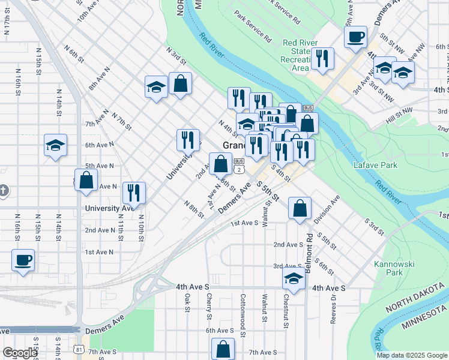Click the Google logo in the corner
point(20,353)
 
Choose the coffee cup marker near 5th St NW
point(355,37)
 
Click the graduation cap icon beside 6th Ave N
point(55,145)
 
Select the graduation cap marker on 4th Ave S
point(294,278)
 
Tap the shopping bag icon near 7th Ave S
point(223,349)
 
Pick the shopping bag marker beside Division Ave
point(299,208)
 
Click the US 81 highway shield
point(80,348)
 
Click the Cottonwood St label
point(243,308)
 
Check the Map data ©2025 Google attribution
point(411,355)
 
